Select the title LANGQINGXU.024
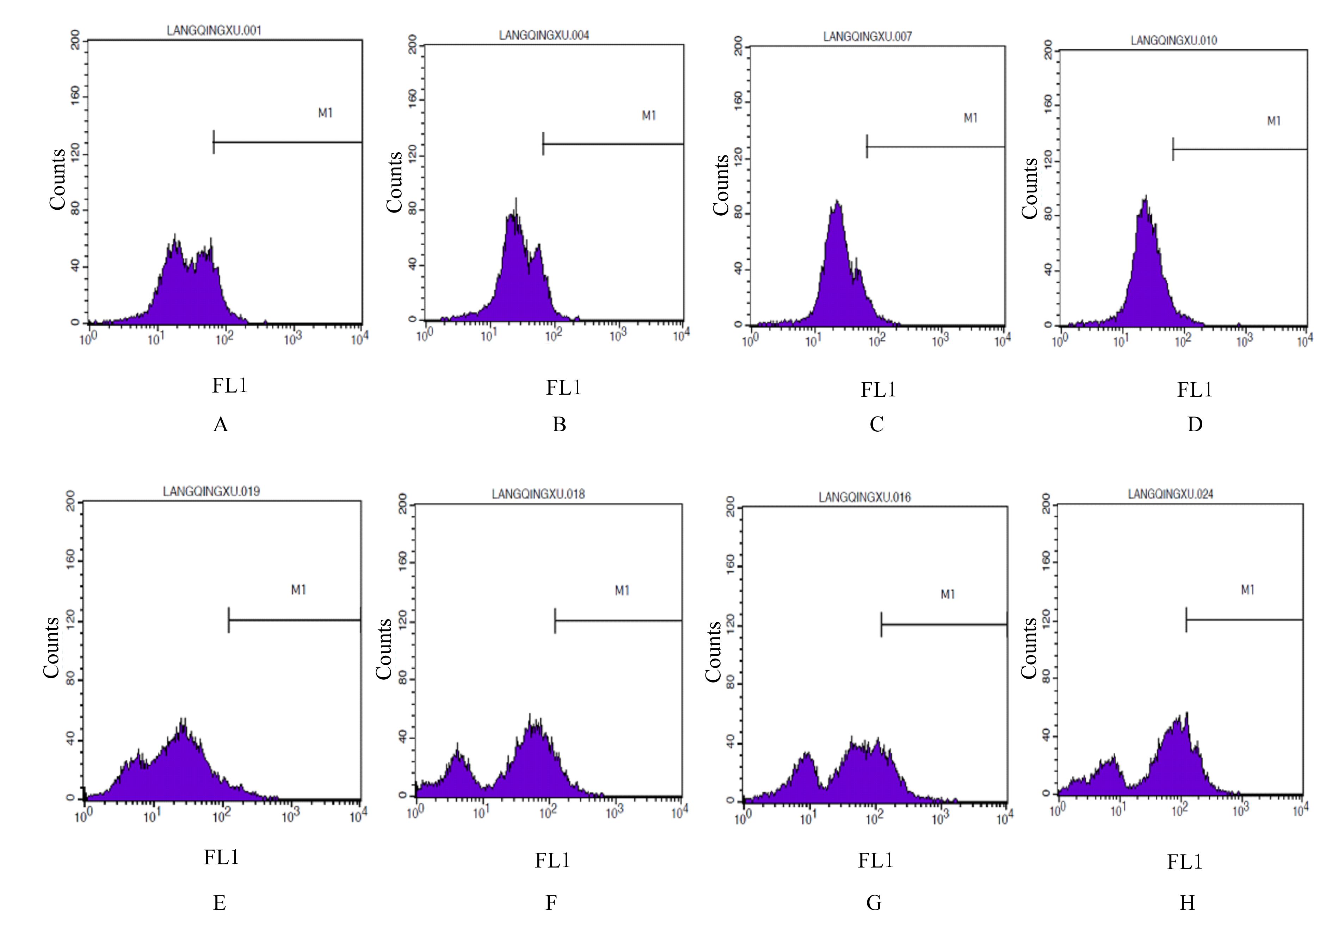1170,494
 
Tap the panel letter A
221,425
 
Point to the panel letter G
874,902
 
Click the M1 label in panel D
1274,121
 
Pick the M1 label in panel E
298,590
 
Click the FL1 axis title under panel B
563,387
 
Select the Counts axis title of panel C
721,184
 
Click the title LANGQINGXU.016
864,497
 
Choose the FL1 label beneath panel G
875,860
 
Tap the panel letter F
551,902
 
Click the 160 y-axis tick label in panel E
71,561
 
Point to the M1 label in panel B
649,116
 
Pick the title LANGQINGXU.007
867,37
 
